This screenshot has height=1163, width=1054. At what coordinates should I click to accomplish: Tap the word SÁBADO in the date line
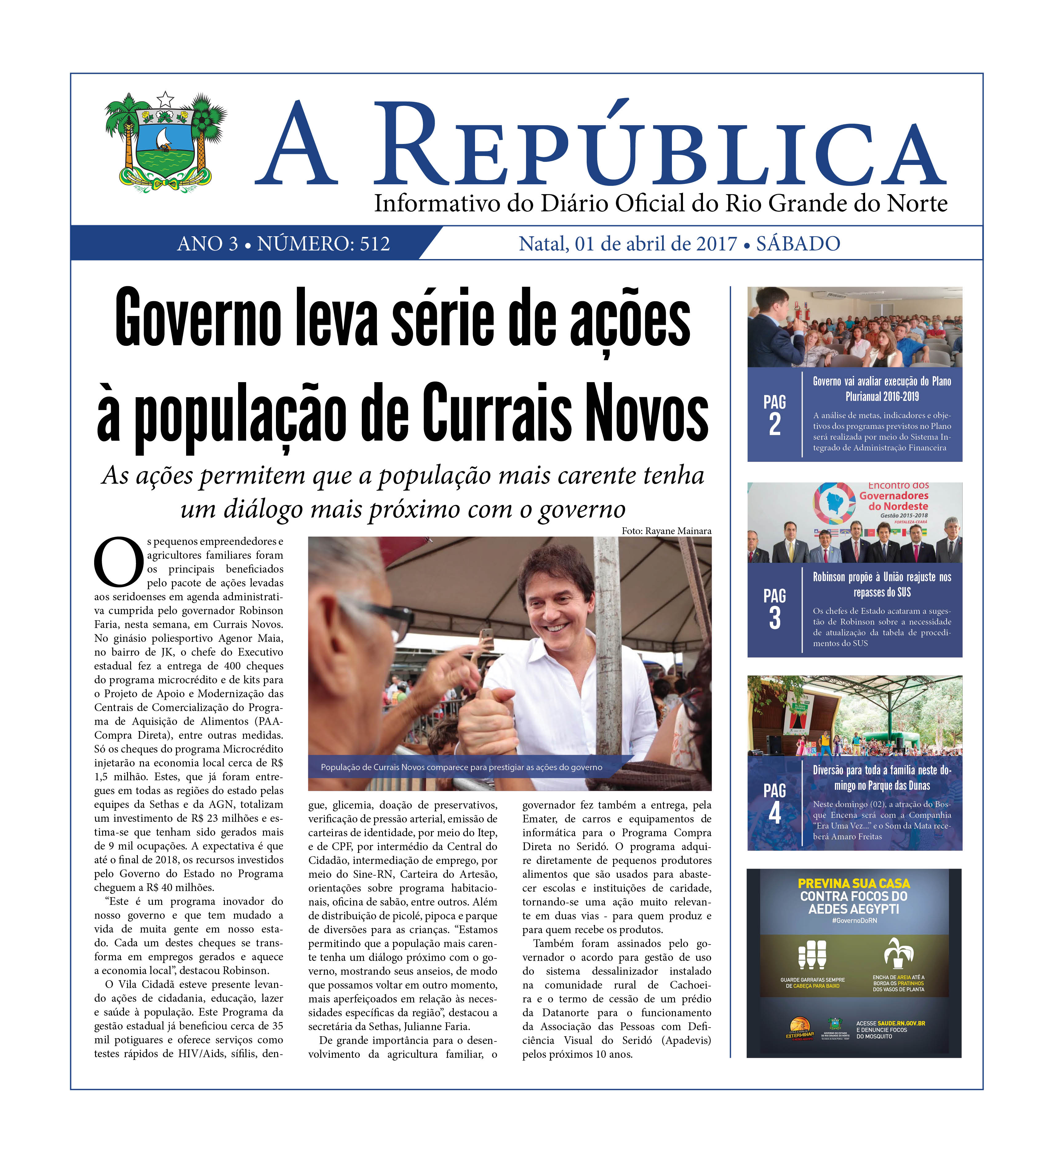pos(798,244)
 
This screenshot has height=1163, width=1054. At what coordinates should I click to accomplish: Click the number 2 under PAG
pos(775,425)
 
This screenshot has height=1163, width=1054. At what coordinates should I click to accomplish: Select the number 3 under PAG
pos(775,618)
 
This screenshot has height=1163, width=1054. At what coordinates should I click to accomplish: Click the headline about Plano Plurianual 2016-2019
pos(881,389)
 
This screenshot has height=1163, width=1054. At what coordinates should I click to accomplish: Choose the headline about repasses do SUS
pos(881,584)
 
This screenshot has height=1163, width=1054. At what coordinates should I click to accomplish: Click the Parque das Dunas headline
pos(881,778)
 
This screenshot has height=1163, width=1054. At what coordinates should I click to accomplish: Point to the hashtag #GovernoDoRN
pos(854,921)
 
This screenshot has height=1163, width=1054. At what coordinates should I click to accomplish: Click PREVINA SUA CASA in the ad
pos(854,884)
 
